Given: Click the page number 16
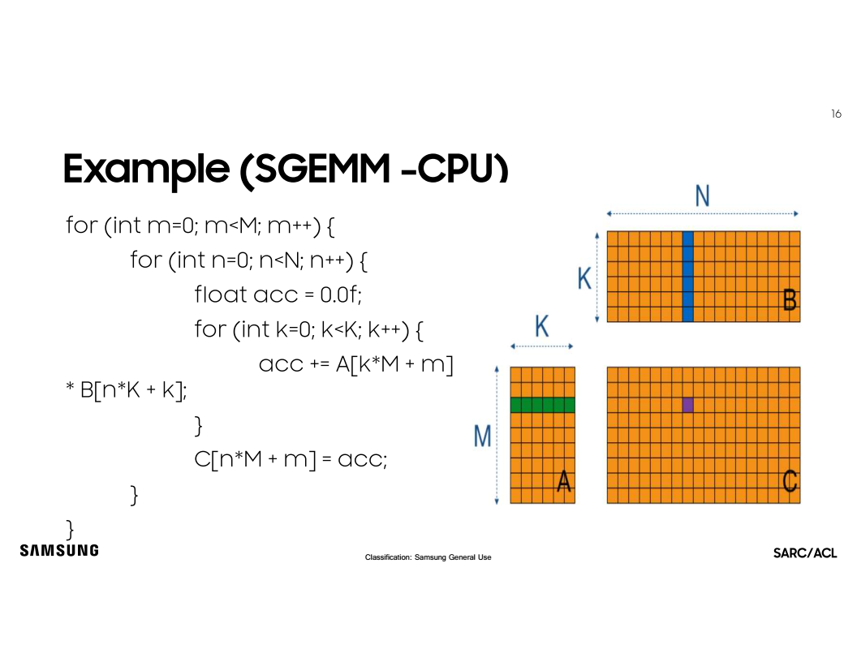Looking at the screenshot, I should pos(836,114).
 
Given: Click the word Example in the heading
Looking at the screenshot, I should pos(145,169).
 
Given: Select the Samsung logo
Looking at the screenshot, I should pos(59,550).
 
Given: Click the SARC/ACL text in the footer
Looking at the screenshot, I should pos(805,553).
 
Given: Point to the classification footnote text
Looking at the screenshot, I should pos(428,557).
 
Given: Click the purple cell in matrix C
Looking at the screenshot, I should pos(688,405).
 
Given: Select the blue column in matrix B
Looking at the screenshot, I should pos(688,276).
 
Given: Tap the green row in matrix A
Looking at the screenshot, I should pos(542,405).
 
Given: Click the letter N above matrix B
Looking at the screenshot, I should pos(703,197).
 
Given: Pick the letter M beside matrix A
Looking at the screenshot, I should pos(482,436).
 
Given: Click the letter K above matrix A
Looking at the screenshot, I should pos(541,328).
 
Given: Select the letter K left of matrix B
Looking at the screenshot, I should pos(584,280).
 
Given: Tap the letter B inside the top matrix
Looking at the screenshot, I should pos(789,301).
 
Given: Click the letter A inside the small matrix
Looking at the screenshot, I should pos(564,483).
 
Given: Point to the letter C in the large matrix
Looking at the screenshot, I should pos(789,482).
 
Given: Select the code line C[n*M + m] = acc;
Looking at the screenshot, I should pos(291,459).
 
